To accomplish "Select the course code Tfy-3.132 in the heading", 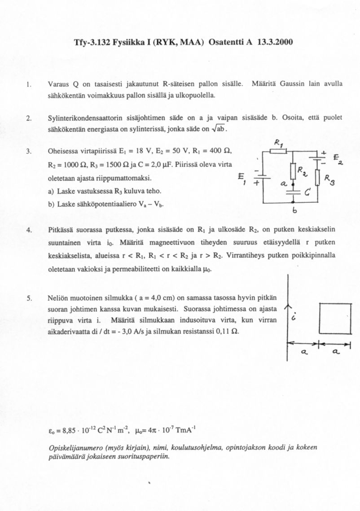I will pos(92,43).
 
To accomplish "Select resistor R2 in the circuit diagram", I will pos(293,171).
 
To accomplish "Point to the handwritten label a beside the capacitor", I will pos(283,184).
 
